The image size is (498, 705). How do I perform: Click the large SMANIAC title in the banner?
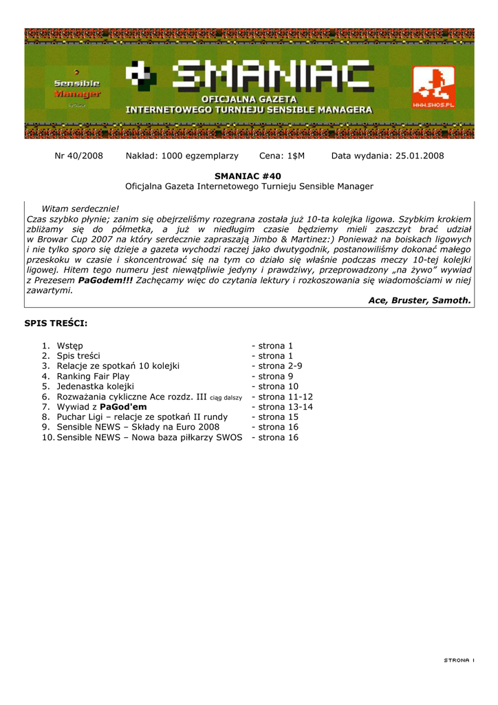click(x=274, y=76)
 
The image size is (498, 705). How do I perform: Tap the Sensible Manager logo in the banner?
click(x=77, y=88)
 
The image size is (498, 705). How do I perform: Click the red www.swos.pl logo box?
click(x=433, y=87)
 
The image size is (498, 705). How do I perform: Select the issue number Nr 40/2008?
click(x=78, y=156)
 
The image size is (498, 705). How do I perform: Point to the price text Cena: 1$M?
click(x=281, y=156)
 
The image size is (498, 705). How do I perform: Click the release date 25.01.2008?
click(x=420, y=156)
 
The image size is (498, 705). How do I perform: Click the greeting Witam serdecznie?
click(x=80, y=209)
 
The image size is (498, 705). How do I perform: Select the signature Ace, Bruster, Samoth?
click(x=420, y=300)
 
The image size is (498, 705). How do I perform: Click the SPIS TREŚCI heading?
click(x=56, y=323)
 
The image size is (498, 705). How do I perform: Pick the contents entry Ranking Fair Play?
click(x=93, y=377)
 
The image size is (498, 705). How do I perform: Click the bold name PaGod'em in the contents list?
click(x=123, y=407)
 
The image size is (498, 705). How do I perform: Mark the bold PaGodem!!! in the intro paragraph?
click(x=105, y=280)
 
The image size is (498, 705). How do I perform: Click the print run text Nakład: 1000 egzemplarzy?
click(x=182, y=156)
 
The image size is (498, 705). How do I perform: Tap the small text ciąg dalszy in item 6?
click(x=226, y=397)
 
